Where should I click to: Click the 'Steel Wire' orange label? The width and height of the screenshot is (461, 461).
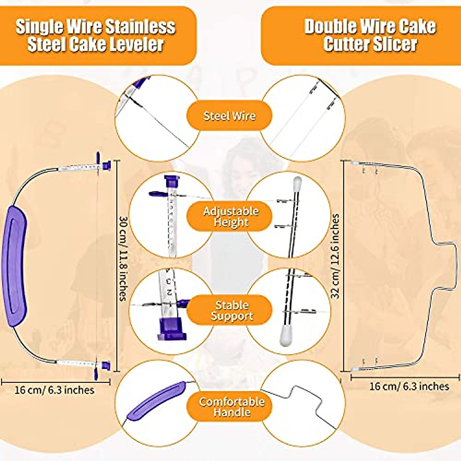click(229, 116)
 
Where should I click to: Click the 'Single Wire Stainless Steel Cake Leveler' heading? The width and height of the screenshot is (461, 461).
click(96, 35)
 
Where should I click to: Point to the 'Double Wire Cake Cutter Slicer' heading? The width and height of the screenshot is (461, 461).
click(370, 35)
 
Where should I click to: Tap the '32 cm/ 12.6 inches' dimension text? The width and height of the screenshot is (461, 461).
click(335, 256)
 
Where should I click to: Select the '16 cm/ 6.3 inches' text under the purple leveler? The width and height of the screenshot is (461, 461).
click(54, 390)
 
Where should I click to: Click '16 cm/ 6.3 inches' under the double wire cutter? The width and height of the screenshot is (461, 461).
click(409, 386)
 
